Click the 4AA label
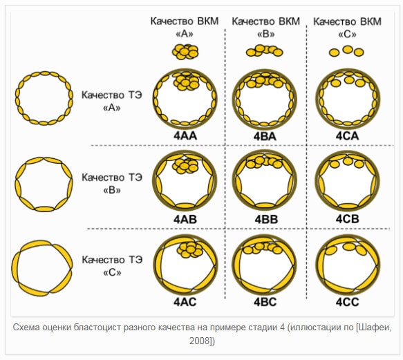click(x=185, y=136)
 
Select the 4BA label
click(x=265, y=136)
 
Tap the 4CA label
click(x=347, y=136)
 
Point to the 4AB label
click(x=185, y=219)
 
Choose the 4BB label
click(x=266, y=219)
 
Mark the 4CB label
click(x=347, y=219)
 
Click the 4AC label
click(x=185, y=302)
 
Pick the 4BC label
click(x=265, y=302)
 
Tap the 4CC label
click(x=347, y=302)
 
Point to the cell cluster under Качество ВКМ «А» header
click(x=185, y=52)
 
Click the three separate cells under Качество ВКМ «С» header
click(x=346, y=51)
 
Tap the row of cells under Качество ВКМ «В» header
click(x=265, y=50)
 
